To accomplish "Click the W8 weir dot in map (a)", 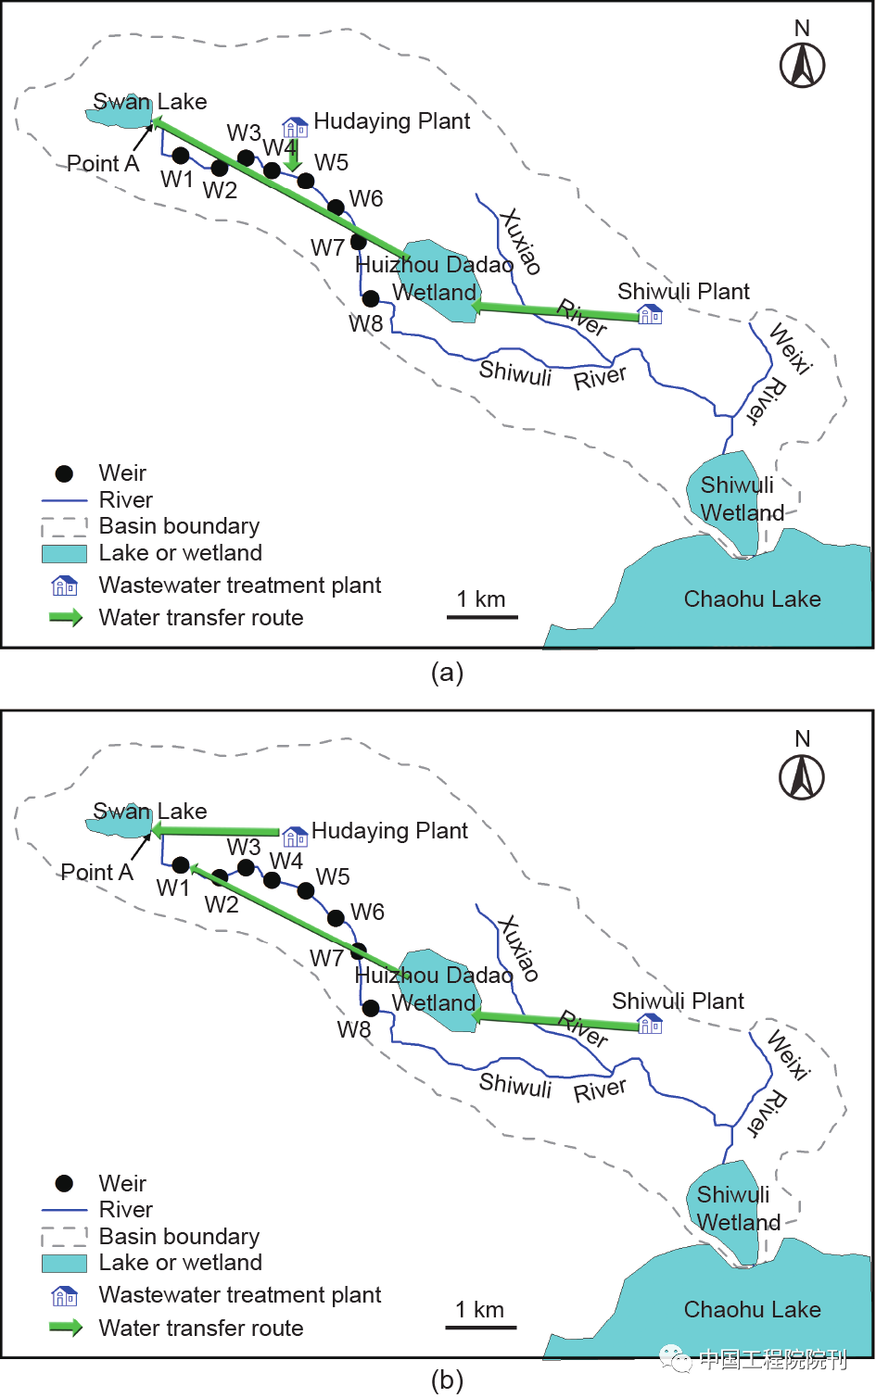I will tap(371, 298).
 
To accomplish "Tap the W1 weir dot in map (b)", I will tap(181, 865).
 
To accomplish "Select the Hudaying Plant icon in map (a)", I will tap(295, 127).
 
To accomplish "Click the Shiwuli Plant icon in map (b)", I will tap(651, 1024).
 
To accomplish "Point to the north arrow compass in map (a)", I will tap(803, 65).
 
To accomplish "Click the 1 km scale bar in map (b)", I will tap(480, 1327).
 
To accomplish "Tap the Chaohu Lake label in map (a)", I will tap(752, 599).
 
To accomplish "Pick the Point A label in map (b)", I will tap(96, 873).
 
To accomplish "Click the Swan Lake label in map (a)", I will tap(150, 102).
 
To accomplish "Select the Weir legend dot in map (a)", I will tap(64, 473).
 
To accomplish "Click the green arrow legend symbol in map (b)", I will tap(65, 1328).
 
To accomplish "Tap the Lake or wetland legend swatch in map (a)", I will tap(64, 553).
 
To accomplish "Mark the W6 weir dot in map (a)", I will tap(336, 208).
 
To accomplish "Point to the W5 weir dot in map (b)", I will tap(306, 891).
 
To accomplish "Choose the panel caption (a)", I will tap(447, 673).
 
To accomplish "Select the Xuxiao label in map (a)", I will tap(520, 241).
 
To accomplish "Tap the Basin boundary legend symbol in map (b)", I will tap(64, 1237).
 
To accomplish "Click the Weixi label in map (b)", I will tap(790, 1054).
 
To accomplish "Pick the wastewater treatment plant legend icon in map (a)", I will tap(64, 586).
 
